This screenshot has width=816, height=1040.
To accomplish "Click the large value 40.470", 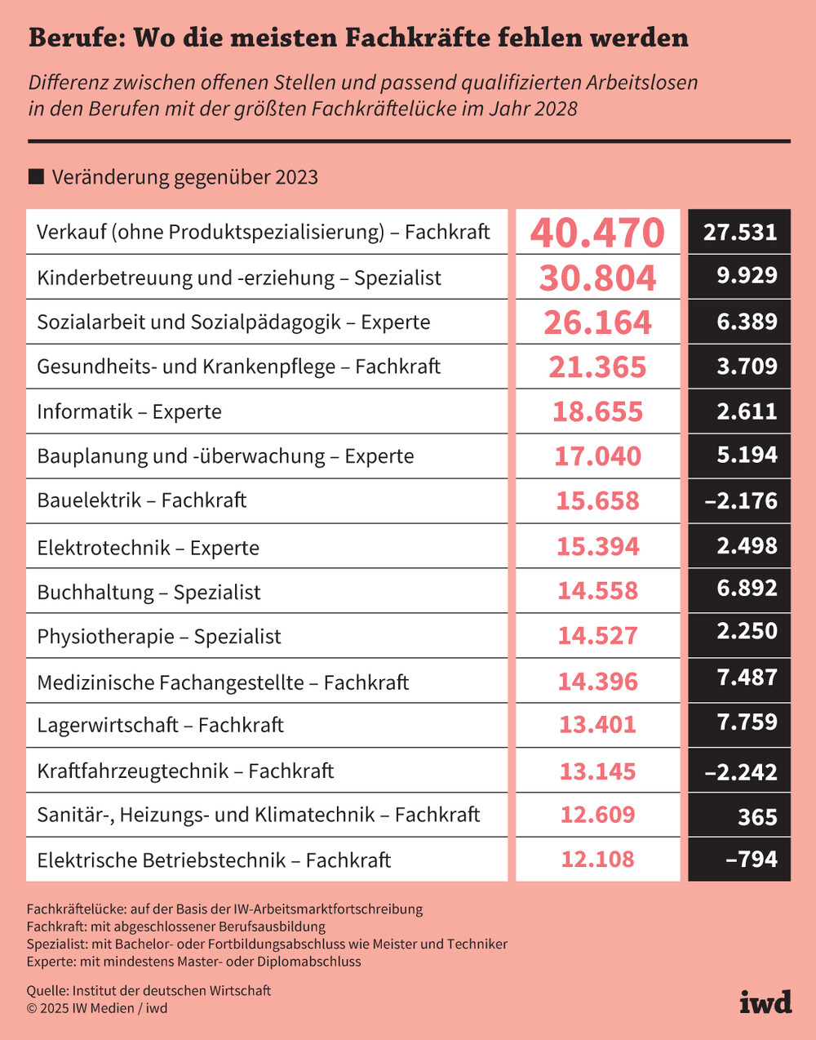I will pyautogui.click(x=597, y=233).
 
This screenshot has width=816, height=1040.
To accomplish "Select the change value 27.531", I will pyautogui.click(x=740, y=232).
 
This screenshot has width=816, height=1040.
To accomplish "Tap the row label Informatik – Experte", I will pyautogui.click(x=129, y=411).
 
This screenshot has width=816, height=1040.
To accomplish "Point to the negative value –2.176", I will pyautogui.click(x=741, y=500).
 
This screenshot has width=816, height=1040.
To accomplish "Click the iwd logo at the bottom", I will pyautogui.click(x=765, y=1001).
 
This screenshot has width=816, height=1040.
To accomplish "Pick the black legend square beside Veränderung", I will pyautogui.click(x=36, y=177).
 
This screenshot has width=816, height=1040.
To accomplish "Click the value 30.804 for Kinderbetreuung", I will pyautogui.click(x=597, y=278).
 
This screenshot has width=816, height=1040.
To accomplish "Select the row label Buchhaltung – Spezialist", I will pyautogui.click(x=149, y=592).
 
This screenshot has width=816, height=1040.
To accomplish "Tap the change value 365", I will pyautogui.click(x=757, y=816).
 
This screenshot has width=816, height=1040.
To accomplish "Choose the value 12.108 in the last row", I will pyautogui.click(x=597, y=859).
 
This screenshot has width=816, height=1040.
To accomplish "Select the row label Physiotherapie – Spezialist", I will pyautogui.click(x=159, y=637).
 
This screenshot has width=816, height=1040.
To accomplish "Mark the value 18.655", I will pyautogui.click(x=597, y=411).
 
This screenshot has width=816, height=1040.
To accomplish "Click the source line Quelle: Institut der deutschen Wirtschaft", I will pyautogui.click(x=149, y=990).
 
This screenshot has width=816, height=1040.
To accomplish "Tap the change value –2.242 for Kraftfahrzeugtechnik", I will pyautogui.click(x=741, y=771).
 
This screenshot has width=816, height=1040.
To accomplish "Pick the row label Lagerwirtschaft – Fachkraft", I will pyautogui.click(x=160, y=725).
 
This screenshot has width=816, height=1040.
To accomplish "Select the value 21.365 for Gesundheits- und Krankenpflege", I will pyautogui.click(x=597, y=367).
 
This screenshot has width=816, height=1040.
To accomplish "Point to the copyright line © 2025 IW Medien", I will pyautogui.click(x=97, y=1008).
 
